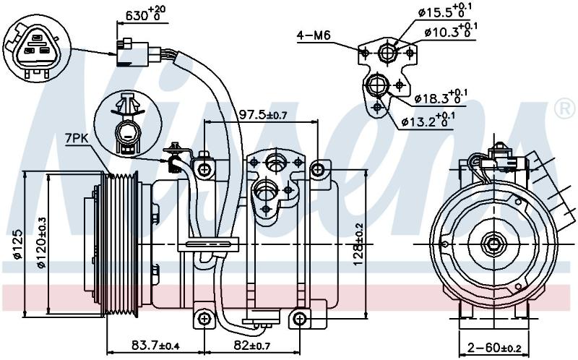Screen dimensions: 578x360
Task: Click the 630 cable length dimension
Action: [x=145, y=14]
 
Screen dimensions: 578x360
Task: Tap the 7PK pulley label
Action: [x=77, y=138]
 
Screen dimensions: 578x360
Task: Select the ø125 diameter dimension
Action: [x=17, y=245]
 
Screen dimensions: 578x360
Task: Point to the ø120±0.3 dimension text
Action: [x=41, y=243]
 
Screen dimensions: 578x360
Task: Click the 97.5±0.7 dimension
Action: [x=263, y=115]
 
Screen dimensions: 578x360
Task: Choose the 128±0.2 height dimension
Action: [x=358, y=244]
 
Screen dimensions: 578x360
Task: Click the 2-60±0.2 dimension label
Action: [x=493, y=347]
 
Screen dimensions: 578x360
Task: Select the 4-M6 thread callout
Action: [x=314, y=35]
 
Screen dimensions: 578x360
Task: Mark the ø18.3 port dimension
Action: [x=441, y=96]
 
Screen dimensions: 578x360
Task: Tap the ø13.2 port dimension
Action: [x=428, y=119]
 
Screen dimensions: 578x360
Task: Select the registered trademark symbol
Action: [x=564, y=108]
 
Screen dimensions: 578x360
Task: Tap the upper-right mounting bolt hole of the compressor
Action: [x=317, y=170]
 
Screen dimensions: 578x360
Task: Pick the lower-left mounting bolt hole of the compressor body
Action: [x=203, y=318]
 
